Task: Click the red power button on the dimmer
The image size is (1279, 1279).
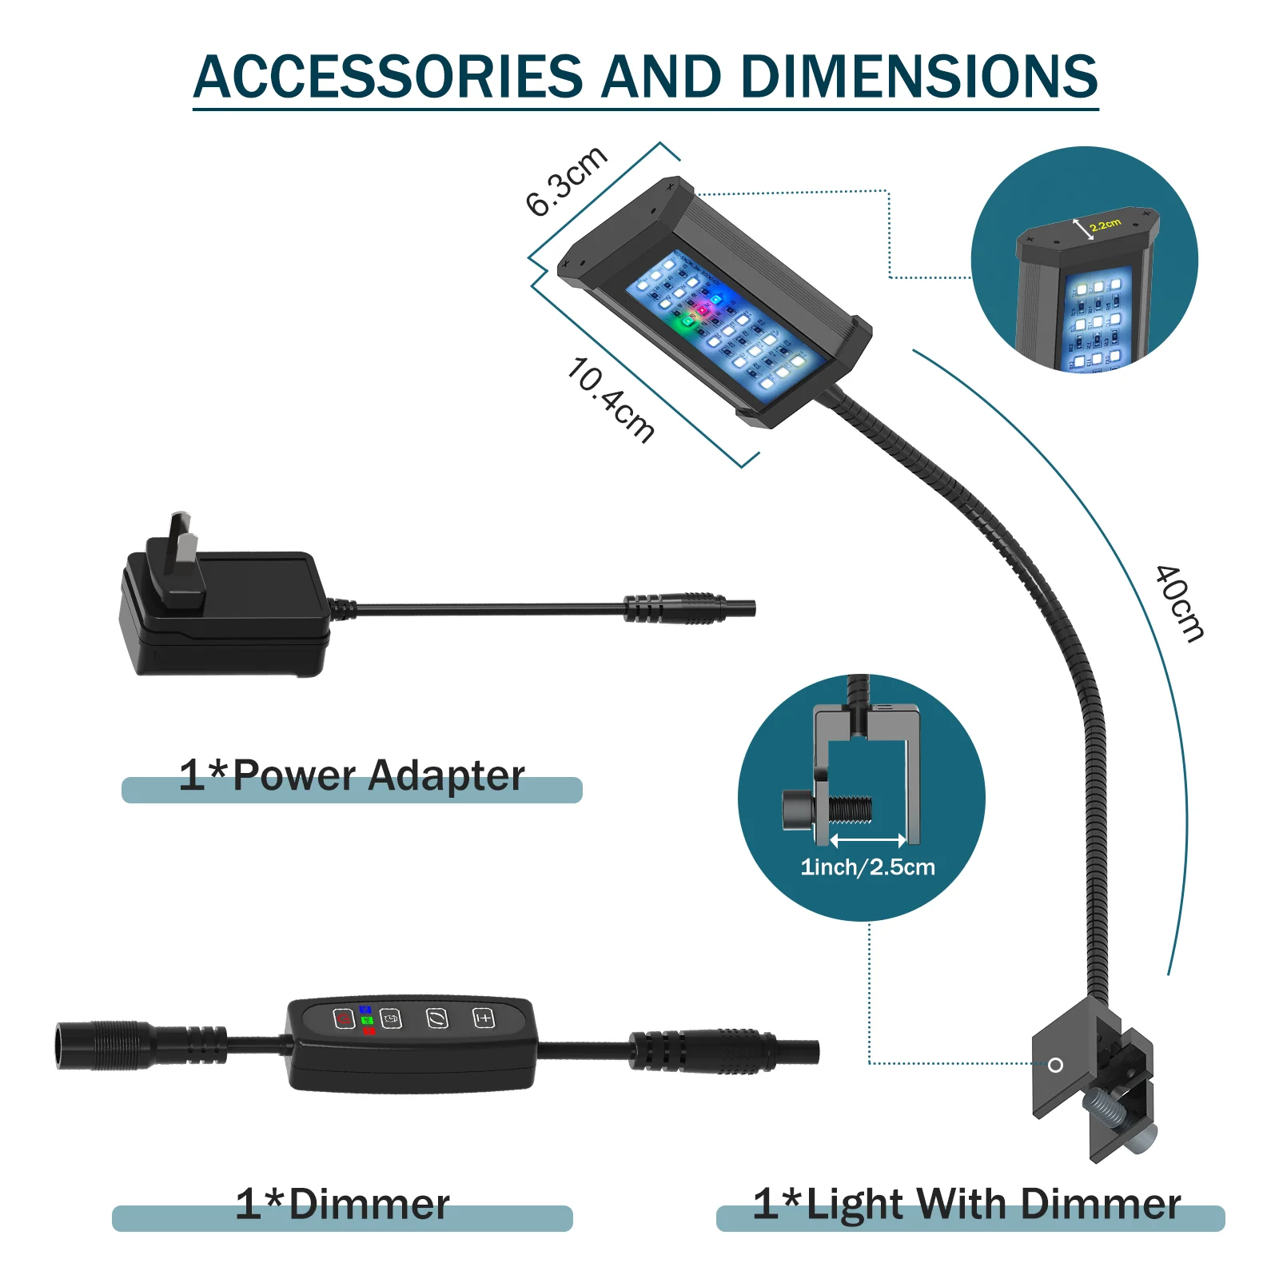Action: (344, 1019)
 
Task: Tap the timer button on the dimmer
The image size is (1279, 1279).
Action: (391, 1019)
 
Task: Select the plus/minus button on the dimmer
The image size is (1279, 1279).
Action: (484, 1018)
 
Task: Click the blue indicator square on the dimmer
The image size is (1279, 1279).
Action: (366, 1010)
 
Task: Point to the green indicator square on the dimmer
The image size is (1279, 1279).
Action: (367, 1021)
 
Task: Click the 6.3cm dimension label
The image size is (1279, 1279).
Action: (566, 181)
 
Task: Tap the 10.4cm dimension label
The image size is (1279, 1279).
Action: (611, 399)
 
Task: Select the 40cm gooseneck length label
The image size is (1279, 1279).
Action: (1179, 604)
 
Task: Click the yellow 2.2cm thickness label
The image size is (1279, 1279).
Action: (1106, 225)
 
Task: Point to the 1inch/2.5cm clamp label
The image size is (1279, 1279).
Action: (867, 867)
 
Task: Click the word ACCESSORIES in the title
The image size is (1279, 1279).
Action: (388, 77)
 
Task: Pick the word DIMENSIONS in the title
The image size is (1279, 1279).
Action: (919, 77)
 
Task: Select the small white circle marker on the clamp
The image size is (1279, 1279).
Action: (1055, 1065)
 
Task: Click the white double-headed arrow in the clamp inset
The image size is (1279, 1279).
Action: (868, 840)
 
